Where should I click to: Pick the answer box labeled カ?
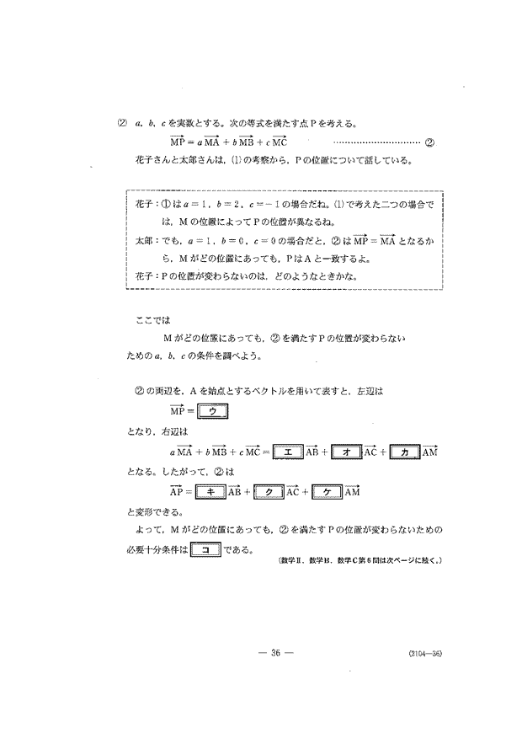tap(404, 452)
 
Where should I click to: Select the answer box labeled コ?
tap(206, 552)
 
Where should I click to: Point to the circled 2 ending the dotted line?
tap(429, 142)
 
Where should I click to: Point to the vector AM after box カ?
tap(429, 452)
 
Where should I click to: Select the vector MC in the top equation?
tap(277, 141)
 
